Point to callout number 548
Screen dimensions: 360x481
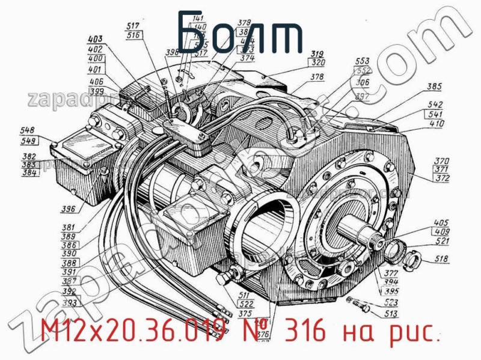coord(27,130)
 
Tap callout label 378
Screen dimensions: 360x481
coord(317,77)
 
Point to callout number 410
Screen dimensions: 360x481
coord(437,123)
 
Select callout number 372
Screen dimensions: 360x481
coord(442,178)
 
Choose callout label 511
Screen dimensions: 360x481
coord(244,294)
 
